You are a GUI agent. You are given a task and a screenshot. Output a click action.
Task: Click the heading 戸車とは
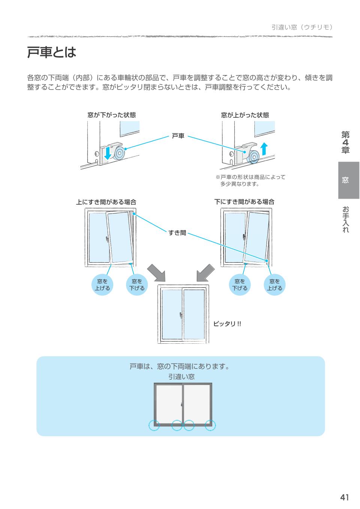tap(51, 52)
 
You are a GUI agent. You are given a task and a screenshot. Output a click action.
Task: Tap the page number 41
tap(344, 497)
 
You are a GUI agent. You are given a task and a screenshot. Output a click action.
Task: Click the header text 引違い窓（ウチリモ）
tap(302, 27)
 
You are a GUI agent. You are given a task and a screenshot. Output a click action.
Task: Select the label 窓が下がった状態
tap(111, 115)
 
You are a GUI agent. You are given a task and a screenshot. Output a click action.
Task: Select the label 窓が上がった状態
tap(245, 115)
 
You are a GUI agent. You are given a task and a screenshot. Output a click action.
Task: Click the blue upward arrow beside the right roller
tap(264, 148)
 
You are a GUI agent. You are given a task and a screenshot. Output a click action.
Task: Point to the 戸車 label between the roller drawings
tap(178, 136)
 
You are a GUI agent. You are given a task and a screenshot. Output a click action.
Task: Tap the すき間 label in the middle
tap(177, 233)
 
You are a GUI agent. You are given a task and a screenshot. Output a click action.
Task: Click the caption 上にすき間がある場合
tap(106, 202)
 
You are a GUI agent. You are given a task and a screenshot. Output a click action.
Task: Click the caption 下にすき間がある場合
tap(244, 202)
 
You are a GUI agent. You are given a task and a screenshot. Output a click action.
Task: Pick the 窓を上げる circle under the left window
tap(102, 285)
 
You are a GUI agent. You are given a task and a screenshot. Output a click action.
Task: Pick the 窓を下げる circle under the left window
tap(137, 285)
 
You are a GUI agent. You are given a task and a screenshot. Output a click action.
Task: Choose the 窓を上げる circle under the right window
tap(274, 285)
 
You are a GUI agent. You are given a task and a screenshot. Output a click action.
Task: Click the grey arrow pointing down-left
tap(205, 272)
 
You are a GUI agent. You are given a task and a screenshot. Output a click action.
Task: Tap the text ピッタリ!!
tap(227, 323)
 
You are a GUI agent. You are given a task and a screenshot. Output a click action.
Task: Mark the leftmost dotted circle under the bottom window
tap(154, 425)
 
